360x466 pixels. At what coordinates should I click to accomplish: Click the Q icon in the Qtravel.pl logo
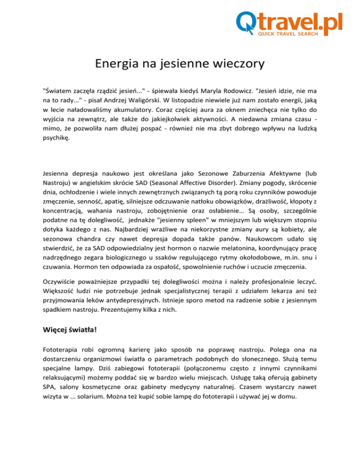tap(247, 22)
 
